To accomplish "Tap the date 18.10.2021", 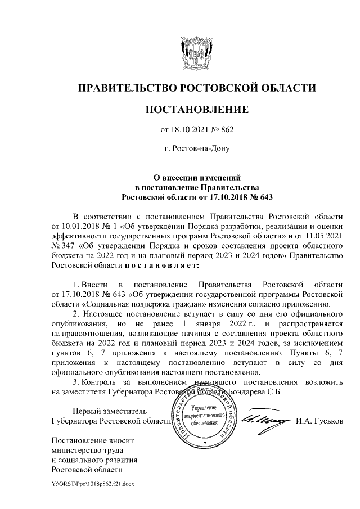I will [x=190, y=130].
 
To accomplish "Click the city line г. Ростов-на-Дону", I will [x=196, y=149].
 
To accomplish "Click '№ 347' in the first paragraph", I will [x=62, y=245].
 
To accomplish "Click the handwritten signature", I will [x=263, y=418].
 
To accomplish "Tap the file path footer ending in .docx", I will [x=92, y=483].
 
